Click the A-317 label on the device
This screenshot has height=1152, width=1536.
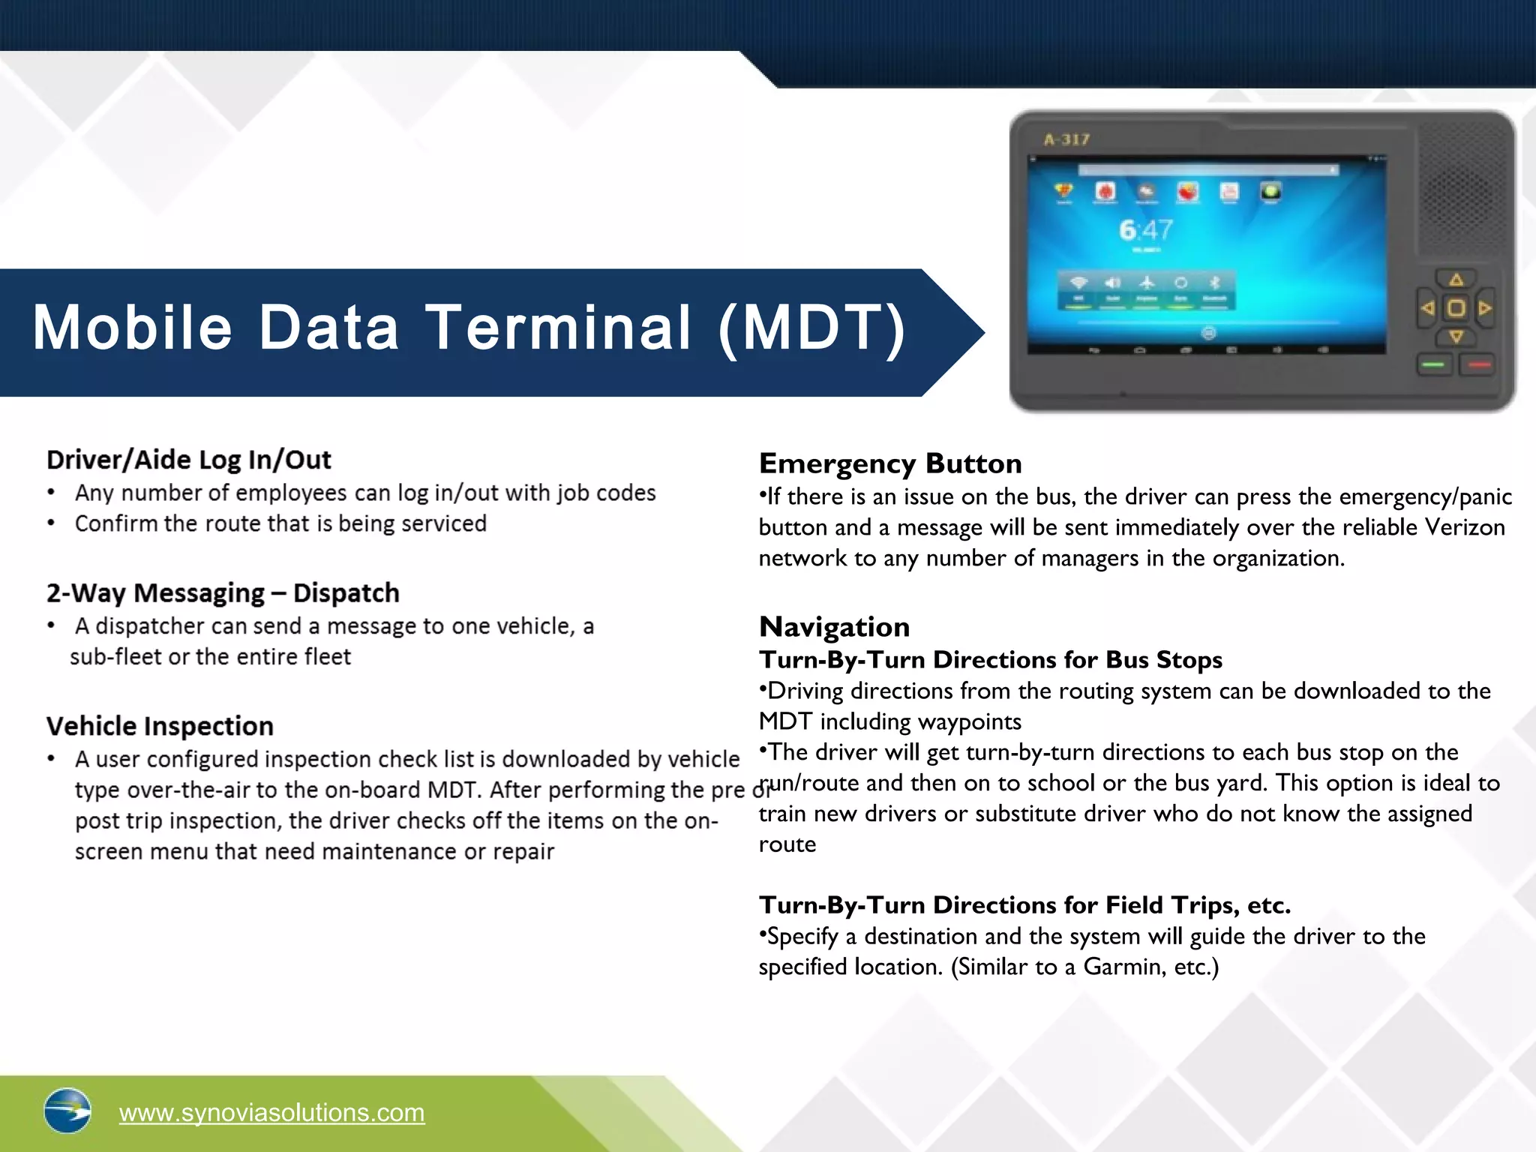[x=1066, y=139]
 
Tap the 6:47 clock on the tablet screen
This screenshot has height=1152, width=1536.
[x=1145, y=230]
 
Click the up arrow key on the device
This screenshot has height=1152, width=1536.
[x=1456, y=280]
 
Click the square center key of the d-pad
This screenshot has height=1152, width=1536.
[x=1456, y=308]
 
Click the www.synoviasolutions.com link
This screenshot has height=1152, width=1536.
[x=271, y=1112]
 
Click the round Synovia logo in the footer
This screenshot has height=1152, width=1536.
[x=67, y=1111]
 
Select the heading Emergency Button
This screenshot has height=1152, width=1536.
[x=890, y=463]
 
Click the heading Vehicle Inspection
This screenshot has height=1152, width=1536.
[x=160, y=726]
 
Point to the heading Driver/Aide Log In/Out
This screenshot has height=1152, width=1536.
[x=188, y=460]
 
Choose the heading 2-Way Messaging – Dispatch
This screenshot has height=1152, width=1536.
[x=223, y=593]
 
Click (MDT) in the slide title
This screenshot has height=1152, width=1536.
[x=812, y=328]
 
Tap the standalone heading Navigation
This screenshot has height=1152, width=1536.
[x=834, y=627]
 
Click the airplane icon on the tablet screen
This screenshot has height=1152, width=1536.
[x=1147, y=283]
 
